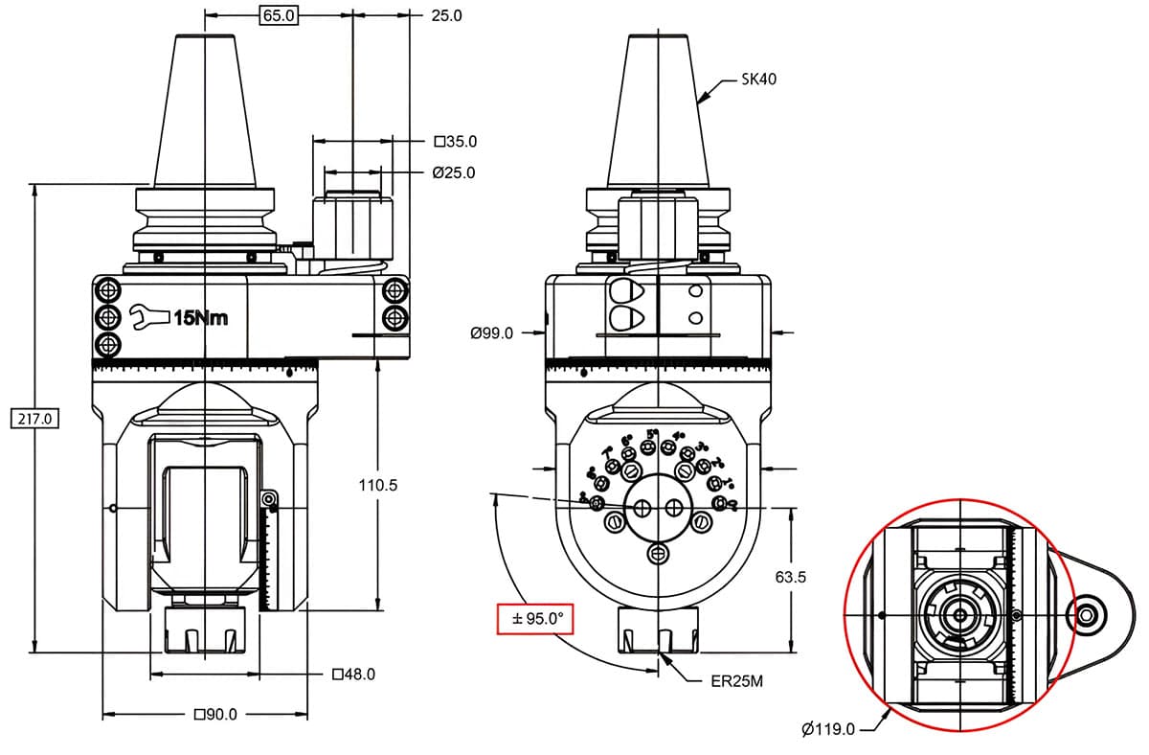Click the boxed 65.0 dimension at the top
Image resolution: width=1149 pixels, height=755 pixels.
(278, 15)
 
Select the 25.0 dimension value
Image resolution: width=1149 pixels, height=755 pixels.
(445, 15)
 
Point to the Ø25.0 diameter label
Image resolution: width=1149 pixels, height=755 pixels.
(453, 173)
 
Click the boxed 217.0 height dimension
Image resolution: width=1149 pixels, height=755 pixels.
(34, 419)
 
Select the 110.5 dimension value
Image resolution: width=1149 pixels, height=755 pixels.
(377, 486)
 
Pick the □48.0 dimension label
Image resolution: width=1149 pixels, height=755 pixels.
(353, 675)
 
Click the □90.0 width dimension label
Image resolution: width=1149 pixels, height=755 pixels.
(215, 715)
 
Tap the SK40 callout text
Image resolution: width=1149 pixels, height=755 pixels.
(758, 80)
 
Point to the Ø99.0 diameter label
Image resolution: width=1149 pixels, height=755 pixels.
(492, 333)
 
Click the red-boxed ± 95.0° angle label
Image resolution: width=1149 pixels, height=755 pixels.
(535, 620)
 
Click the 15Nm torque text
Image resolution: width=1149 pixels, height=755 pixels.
(200, 317)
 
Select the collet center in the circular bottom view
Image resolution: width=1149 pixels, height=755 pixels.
(957, 614)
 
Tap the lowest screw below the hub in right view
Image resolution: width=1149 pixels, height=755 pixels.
(658, 553)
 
